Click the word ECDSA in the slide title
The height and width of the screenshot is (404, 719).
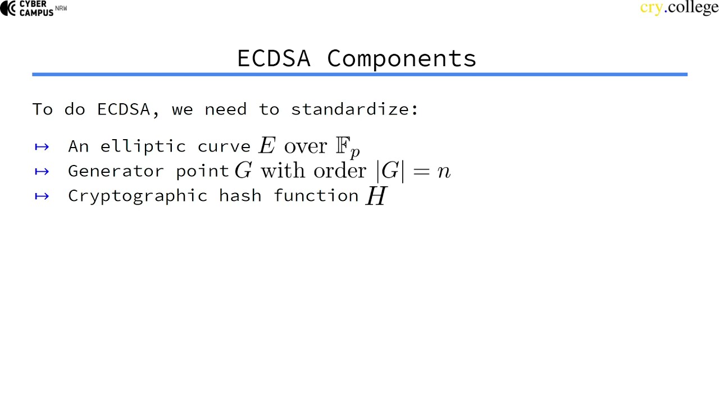click(x=274, y=58)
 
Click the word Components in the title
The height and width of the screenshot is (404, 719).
click(x=402, y=59)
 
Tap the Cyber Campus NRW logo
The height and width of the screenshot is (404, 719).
click(x=34, y=8)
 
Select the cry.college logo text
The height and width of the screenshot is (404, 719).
click(x=679, y=8)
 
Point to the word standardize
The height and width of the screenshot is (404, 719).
click(x=354, y=109)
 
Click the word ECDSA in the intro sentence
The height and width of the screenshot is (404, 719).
click(x=124, y=109)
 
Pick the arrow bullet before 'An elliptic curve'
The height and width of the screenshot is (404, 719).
click(x=42, y=147)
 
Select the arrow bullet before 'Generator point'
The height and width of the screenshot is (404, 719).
click(x=42, y=171)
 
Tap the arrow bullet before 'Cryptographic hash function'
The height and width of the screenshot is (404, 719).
click(x=42, y=196)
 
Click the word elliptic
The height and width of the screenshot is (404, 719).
click(x=143, y=146)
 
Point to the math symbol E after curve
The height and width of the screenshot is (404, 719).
click(x=267, y=146)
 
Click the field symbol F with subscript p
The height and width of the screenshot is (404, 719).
click(x=347, y=147)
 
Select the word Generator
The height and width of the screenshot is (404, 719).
click(x=116, y=171)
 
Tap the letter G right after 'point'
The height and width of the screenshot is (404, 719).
click(x=243, y=171)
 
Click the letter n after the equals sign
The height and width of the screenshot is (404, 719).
click(x=444, y=171)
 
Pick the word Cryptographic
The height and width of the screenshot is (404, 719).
click(x=138, y=196)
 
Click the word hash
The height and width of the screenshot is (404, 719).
click(x=240, y=195)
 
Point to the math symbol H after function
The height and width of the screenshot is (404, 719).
click(x=376, y=196)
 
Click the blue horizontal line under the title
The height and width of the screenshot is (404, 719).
click(x=359, y=74)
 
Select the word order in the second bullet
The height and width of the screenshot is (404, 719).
click(x=340, y=171)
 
